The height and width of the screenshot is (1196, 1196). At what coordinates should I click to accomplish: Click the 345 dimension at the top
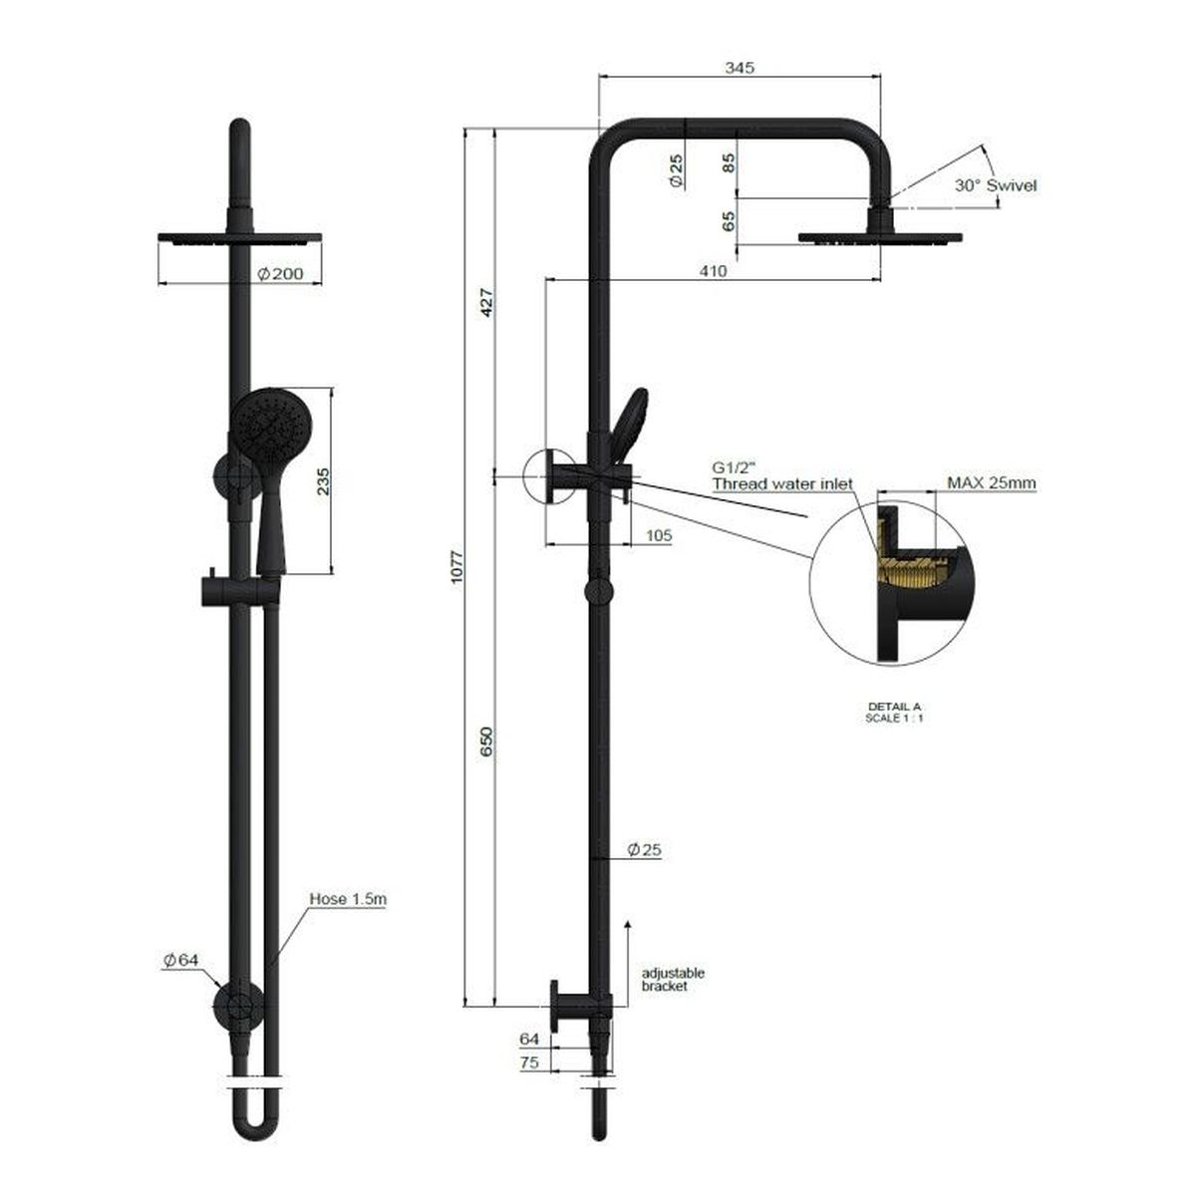click(741, 68)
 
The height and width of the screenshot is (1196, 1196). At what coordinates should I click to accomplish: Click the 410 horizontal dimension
click(713, 270)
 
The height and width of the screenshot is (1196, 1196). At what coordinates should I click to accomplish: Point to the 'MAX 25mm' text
click(991, 483)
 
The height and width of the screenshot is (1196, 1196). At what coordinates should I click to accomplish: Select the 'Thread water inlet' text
click(781, 483)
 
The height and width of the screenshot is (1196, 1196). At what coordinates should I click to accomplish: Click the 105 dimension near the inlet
click(659, 535)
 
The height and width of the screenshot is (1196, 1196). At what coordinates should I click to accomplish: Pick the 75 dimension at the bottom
click(529, 1062)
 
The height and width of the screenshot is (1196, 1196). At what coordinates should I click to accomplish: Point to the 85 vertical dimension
click(730, 161)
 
